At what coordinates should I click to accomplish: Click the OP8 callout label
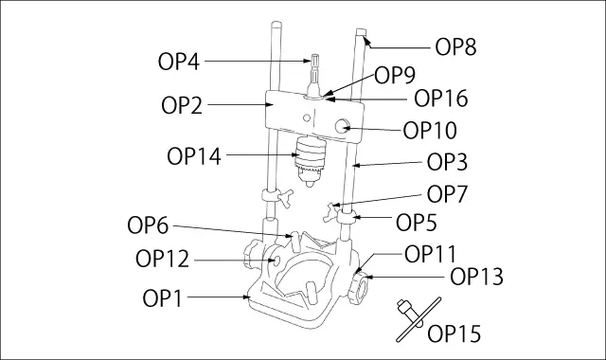point(455,47)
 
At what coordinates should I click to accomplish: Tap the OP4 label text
point(179,62)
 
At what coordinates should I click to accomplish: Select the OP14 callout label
point(194,156)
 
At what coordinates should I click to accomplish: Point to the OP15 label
point(454,333)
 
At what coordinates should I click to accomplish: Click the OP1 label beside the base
point(162,298)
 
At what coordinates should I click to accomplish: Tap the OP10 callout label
point(430,131)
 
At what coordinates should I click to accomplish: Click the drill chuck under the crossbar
point(310,160)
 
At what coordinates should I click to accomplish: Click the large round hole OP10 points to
point(342,126)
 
